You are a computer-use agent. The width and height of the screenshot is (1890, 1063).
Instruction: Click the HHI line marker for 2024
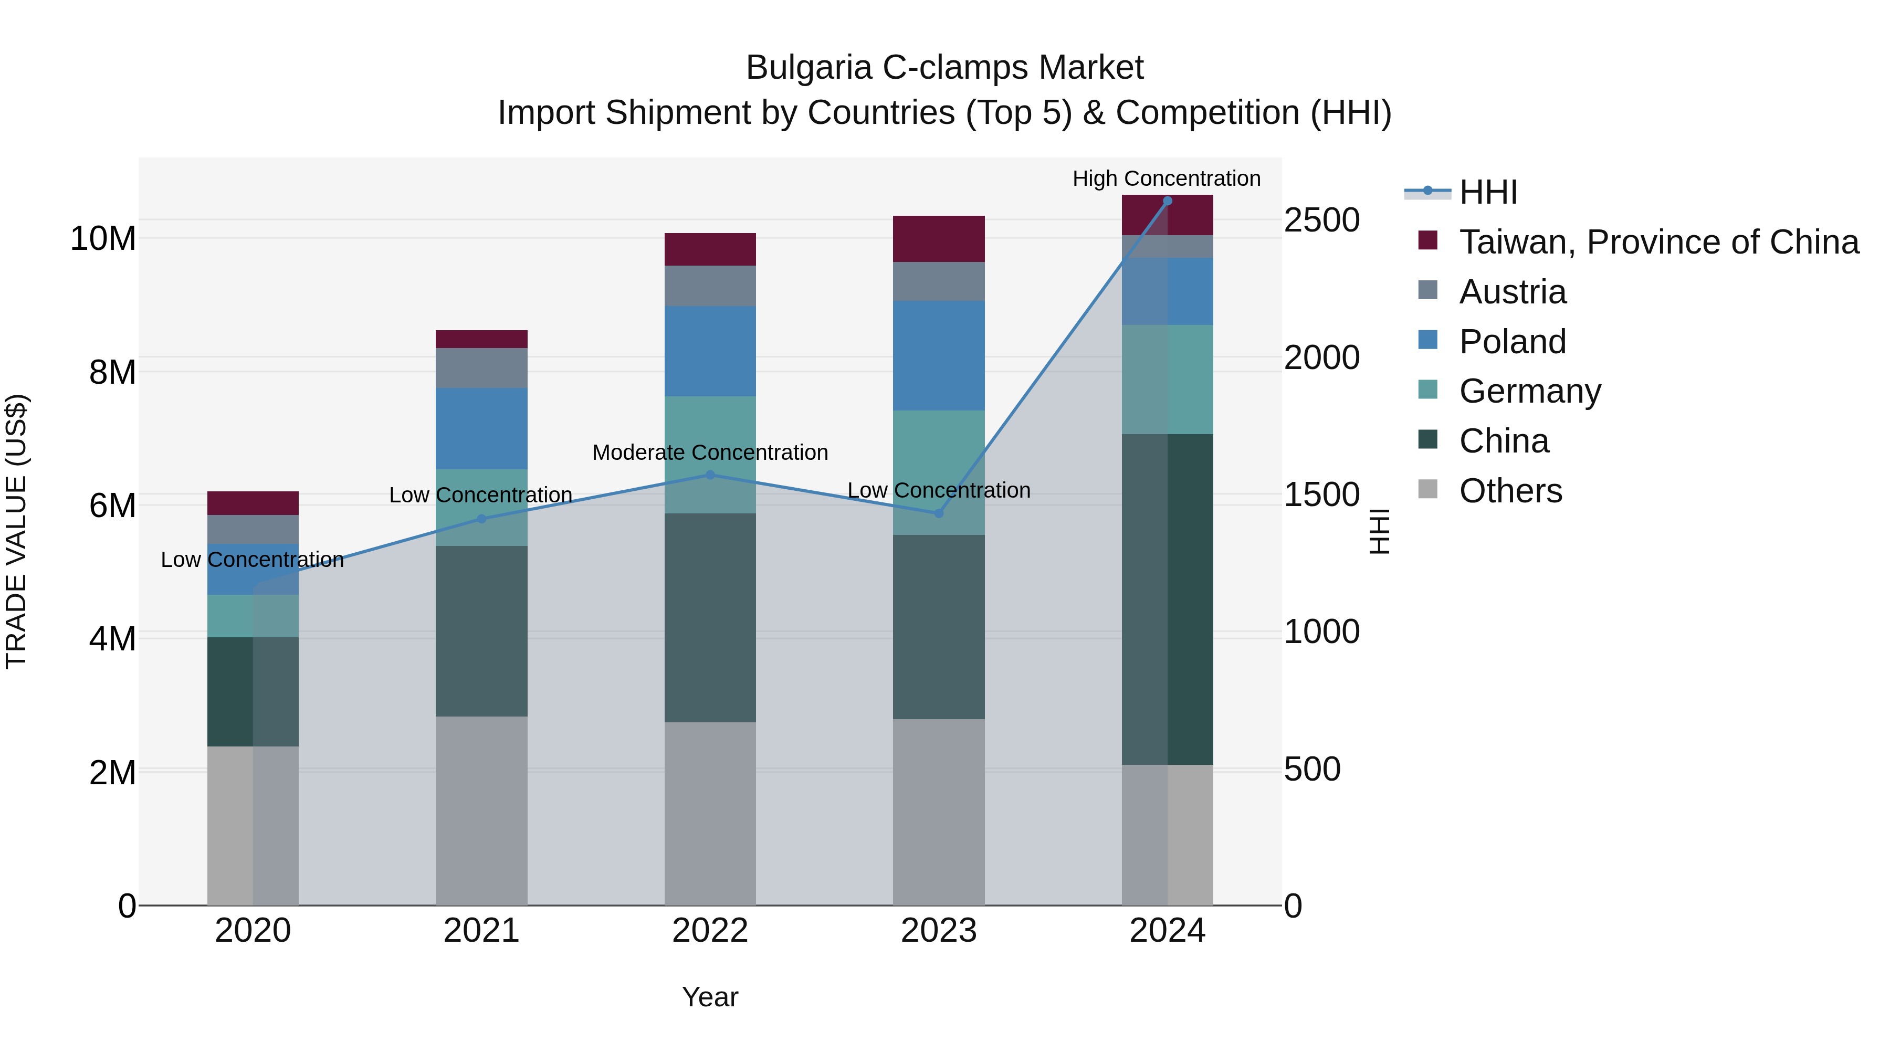click(x=1167, y=201)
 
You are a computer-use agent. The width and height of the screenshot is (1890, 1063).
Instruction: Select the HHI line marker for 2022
click(x=709, y=476)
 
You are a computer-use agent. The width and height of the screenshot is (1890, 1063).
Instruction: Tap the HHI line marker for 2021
click(x=481, y=519)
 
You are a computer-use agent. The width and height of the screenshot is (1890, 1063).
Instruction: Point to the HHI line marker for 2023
click(x=938, y=513)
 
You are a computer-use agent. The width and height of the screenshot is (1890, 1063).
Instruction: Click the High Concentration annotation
click(x=1166, y=179)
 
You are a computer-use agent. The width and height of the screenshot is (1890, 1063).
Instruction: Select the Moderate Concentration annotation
click(x=709, y=452)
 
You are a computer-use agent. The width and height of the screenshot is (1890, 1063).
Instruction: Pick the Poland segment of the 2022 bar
click(x=709, y=351)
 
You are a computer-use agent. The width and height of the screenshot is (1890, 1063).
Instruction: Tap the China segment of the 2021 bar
click(x=481, y=631)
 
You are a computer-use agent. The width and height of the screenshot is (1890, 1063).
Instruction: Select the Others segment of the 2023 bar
click(x=938, y=812)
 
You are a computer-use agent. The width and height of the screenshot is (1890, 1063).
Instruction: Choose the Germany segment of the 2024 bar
click(x=1167, y=380)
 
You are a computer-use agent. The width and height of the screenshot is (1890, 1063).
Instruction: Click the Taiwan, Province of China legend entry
click(x=1658, y=242)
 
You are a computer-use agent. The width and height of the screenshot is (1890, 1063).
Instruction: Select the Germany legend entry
click(x=1530, y=391)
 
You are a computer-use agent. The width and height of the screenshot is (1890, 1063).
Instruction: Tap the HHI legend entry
click(x=1488, y=192)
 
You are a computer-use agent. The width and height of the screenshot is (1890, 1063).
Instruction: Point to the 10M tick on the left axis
click(x=103, y=239)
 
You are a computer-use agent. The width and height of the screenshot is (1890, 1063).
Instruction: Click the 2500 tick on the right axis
click(x=1321, y=220)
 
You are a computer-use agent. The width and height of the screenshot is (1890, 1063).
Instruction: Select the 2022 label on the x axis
click(x=709, y=931)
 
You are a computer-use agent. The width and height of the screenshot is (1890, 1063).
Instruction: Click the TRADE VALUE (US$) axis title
click(x=16, y=531)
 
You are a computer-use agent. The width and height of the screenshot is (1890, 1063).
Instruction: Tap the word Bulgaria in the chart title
click(x=808, y=68)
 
